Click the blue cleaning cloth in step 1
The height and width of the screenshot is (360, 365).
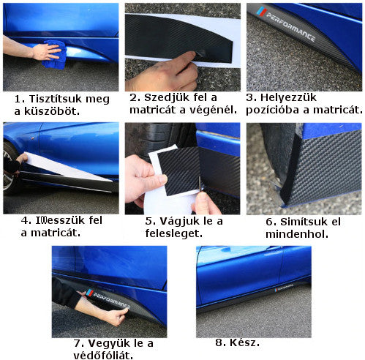coord(55,57)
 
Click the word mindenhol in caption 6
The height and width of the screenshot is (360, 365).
coord(296,235)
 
